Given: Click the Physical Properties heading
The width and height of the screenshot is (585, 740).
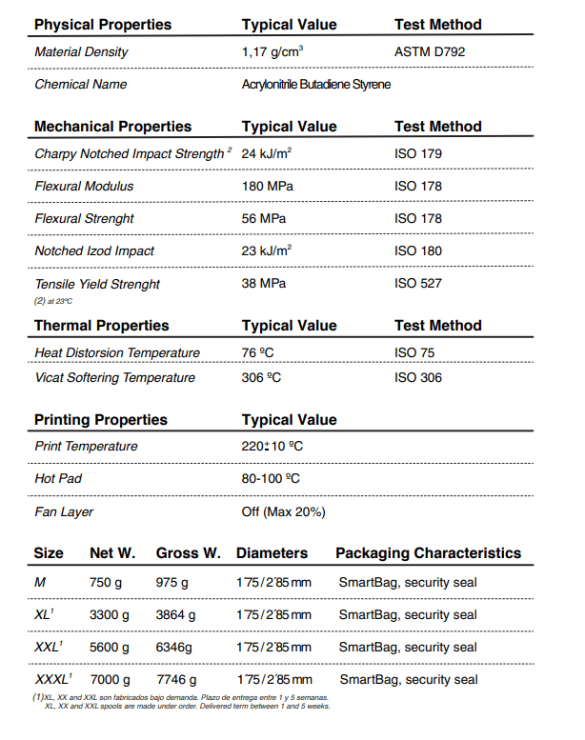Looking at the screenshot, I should (x=103, y=25).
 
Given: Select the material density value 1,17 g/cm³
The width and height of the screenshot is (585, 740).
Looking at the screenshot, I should (x=272, y=52).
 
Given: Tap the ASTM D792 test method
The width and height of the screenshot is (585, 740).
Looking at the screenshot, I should (x=430, y=52).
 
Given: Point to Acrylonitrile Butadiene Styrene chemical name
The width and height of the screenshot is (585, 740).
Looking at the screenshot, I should (x=316, y=85).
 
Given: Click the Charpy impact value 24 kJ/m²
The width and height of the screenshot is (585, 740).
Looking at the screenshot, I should (x=267, y=153).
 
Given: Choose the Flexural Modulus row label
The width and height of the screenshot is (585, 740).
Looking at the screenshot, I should (x=84, y=186).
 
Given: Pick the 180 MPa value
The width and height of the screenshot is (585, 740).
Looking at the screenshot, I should (x=267, y=186).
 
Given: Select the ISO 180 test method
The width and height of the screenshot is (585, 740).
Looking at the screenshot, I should (x=418, y=250).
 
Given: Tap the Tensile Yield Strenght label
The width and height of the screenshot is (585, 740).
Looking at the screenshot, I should (x=97, y=284).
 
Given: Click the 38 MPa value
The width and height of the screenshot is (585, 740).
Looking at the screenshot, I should (x=264, y=284).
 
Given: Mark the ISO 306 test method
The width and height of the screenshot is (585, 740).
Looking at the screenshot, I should (x=418, y=377).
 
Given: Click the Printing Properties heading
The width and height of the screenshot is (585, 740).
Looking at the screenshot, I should (x=100, y=420).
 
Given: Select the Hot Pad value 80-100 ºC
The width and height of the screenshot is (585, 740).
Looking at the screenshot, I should (x=272, y=478).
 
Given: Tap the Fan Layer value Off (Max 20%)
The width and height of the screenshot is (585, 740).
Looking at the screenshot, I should (x=284, y=511).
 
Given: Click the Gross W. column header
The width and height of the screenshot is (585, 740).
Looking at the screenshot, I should (x=188, y=552).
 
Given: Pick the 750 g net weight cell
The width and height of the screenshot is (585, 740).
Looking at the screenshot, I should (x=106, y=582).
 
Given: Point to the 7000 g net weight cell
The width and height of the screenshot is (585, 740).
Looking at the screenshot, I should (x=110, y=680).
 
